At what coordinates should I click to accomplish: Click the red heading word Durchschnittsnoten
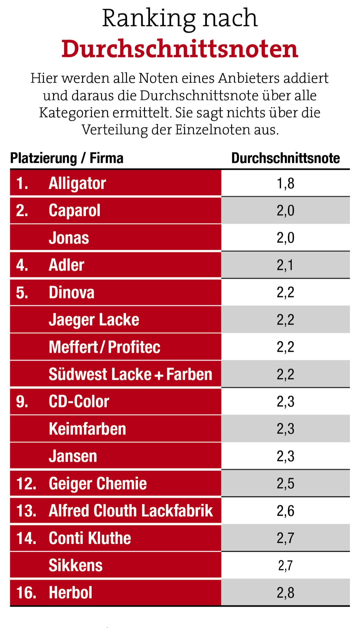[x=180, y=49]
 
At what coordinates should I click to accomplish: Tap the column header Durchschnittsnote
[x=285, y=158]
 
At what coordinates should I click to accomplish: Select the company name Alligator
[x=77, y=183]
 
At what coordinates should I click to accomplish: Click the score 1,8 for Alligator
[x=285, y=183]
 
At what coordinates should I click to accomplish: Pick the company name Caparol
[x=74, y=210]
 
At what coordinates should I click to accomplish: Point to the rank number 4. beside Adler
[x=22, y=265]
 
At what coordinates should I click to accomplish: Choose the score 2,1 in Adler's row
[x=285, y=265]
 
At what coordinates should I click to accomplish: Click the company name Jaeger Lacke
[x=94, y=320]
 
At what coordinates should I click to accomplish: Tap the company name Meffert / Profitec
[x=104, y=347]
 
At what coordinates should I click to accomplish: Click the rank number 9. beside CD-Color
[x=22, y=402]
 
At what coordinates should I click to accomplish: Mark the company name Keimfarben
[x=87, y=429]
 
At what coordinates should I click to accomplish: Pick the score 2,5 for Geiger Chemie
[x=285, y=484]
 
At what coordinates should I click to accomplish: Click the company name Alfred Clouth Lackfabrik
[x=131, y=511]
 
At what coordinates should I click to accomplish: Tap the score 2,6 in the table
[x=285, y=511]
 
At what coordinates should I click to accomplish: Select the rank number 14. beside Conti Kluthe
[x=26, y=538]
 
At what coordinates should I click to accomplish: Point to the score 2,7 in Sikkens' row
[x=285, y=566]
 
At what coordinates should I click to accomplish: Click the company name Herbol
[x=70, y=593]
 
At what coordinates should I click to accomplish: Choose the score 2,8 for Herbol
[x=285, y=593]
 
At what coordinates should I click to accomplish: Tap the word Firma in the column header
[x=107, y=158]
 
